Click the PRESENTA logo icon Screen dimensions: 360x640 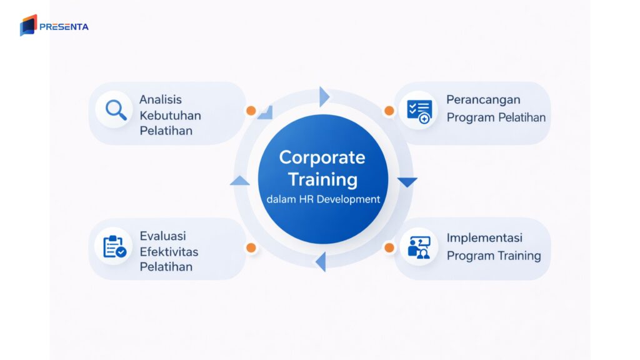[x=28, y=25]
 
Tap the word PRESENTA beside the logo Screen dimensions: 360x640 [x=64, y=27]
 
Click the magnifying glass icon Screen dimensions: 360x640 [x=115, y=110]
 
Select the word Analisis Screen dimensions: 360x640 [x=161, y=99]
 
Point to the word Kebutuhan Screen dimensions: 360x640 [x=170, y=116]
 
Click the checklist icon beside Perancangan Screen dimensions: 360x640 [x=418, y=111]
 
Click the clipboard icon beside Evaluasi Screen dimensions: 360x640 [x=114, y=246]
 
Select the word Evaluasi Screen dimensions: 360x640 [x=162, y=236]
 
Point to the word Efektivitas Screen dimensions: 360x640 [x=169, y=251]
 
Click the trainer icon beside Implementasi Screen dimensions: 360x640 [x=418, y=246]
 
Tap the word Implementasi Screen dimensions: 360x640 [x=484, y=238]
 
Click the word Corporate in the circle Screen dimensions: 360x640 [x=321, y=157]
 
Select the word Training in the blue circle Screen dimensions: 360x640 [x=322, y=179]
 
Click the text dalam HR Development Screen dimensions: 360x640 [x=322, y=199]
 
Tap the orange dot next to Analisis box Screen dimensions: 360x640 [x=251, y=111]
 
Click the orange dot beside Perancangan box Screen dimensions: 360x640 [x=389, y=111]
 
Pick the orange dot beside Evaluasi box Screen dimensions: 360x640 [x=251, y=247]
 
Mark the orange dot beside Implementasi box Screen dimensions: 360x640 [x=389, y=247]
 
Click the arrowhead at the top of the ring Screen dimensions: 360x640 [x=323, y=96]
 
